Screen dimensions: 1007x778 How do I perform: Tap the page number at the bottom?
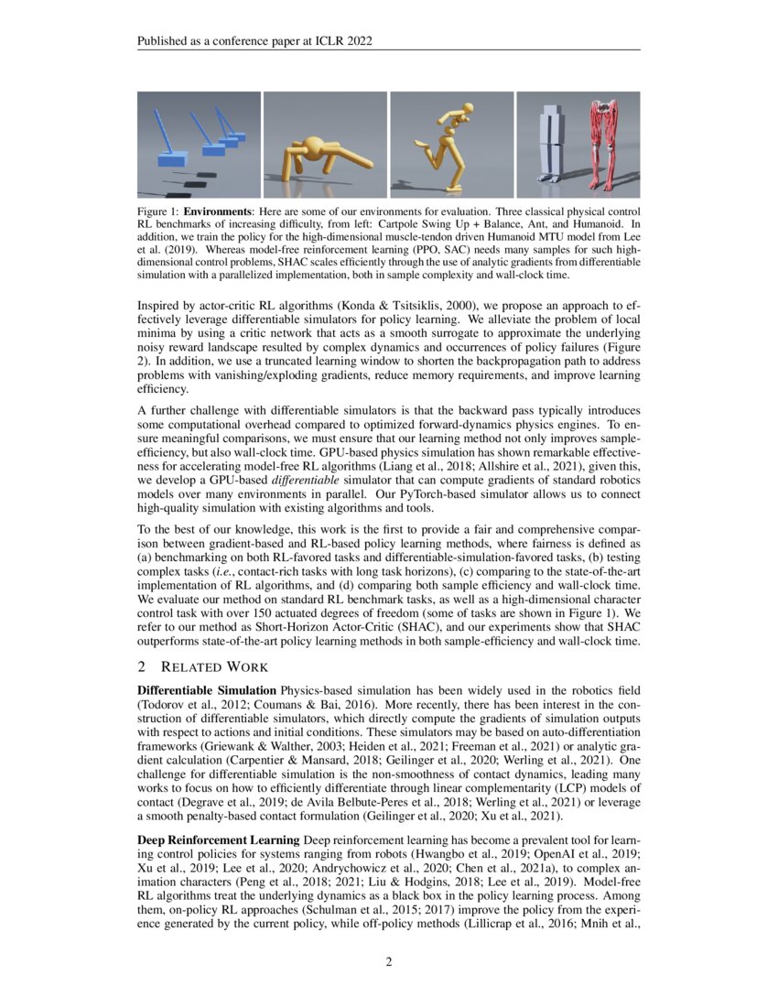[x=388, y=962]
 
